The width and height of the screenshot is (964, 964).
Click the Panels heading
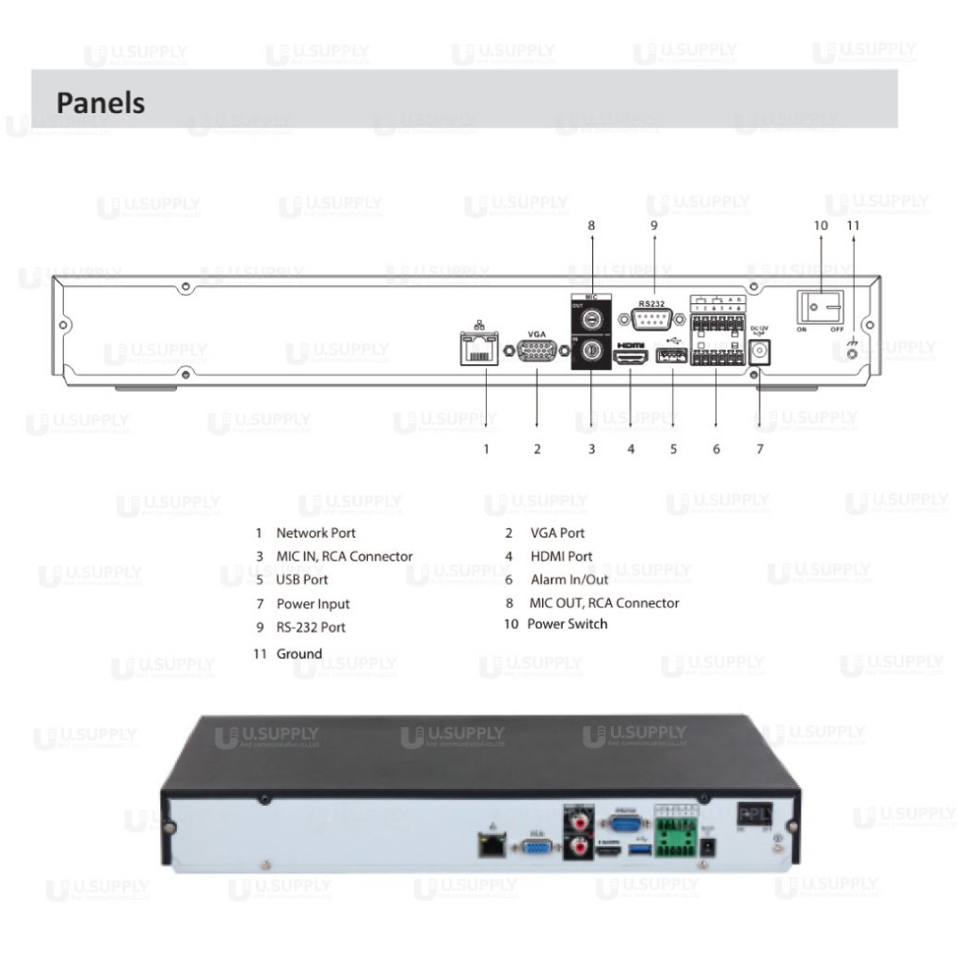pos(101,102)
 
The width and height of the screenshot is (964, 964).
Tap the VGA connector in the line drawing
pos(537,351)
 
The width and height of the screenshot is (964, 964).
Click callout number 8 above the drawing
pos(591,225)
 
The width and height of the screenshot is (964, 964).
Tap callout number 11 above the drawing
pos(853,225)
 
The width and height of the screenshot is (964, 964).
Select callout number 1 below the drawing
pos(486,449)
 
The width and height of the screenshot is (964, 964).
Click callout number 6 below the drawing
pos(716,449)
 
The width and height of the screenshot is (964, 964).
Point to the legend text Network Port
pos(315,533)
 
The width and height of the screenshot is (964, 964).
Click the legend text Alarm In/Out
pos(570,580)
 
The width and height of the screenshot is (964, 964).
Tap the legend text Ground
pos(299,653)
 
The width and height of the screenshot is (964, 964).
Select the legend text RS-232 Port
pos(311,627)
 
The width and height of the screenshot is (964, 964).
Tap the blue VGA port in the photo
pos(536,848)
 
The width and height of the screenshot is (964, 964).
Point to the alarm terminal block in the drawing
pos(716,335)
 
